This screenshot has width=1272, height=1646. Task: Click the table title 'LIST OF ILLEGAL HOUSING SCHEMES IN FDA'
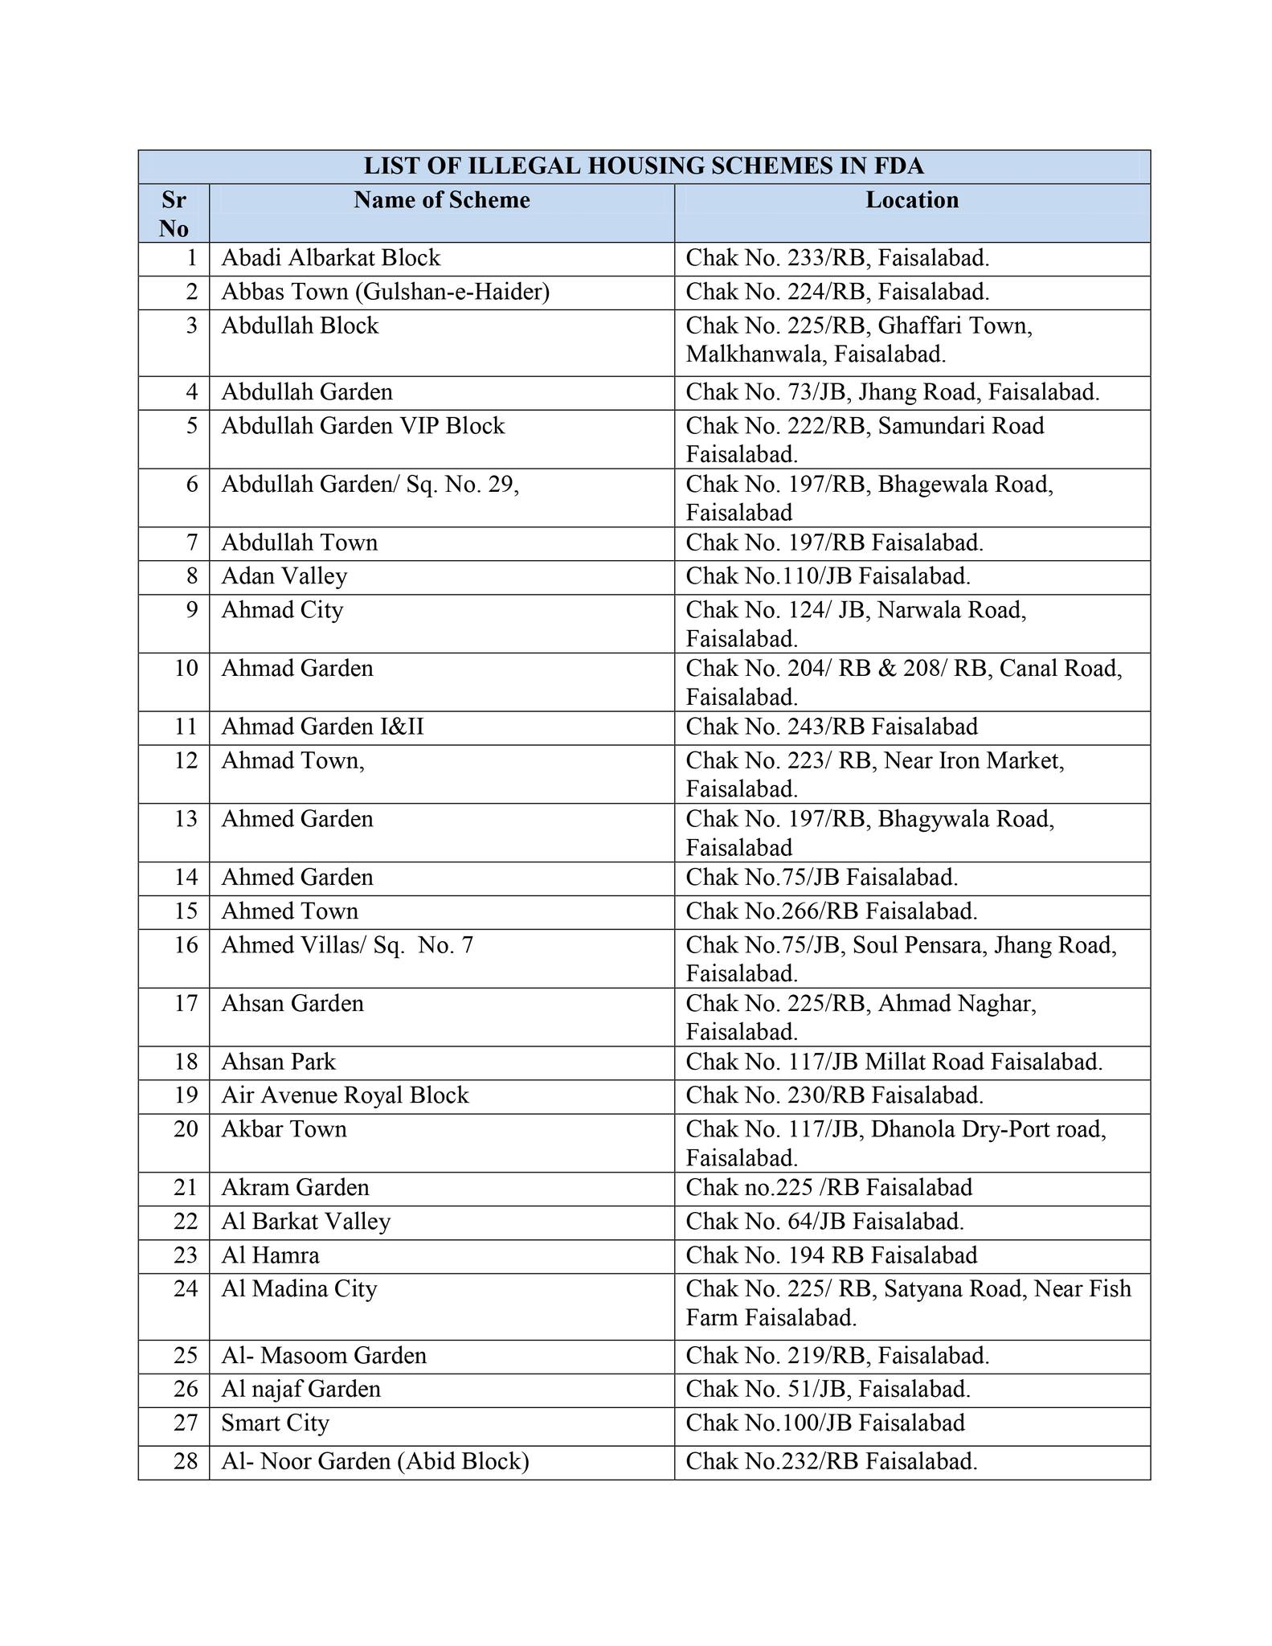(x=644, y=166)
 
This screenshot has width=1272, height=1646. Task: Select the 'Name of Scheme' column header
(x=442, y=200)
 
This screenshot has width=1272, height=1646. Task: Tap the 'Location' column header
(x=912, y=200)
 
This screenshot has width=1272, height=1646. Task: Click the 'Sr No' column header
(x=174, y=214)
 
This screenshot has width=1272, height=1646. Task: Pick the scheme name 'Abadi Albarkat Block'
(x=331, y=259)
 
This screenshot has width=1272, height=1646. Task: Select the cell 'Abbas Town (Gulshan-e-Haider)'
(x=386, y=293)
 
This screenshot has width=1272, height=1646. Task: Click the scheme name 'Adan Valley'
(x=284, y=577)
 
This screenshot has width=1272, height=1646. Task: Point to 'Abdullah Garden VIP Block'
(x=363, y=426)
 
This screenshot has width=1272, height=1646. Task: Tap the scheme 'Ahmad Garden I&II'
(x=323, y=727)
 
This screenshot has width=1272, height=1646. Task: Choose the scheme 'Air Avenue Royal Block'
(x=345, y=1095)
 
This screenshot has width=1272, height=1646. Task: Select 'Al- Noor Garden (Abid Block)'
(x=375, y=1461)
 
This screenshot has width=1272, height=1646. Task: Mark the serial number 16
(x=186, y=945)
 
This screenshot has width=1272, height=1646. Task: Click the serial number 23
(x=186, y=1255)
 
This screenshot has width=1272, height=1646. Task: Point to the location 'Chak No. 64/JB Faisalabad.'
(x=824, y=1222)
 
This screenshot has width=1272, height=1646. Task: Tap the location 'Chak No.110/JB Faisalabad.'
(x=828, y=577)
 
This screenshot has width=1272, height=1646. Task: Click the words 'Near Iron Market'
(x=973, y=760)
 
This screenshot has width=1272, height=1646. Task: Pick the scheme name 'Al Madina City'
(x=299, y=1289)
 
